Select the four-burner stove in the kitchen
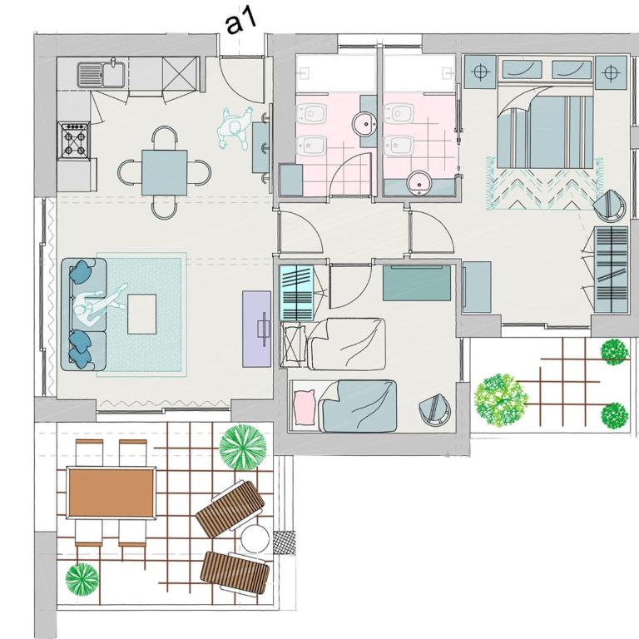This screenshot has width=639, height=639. pyautogui.click(x=74, y=140)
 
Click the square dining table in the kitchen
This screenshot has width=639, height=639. pyautogui.click(x=165, y=172)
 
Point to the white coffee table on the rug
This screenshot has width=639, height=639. pyautogui.click(x=141, y=315)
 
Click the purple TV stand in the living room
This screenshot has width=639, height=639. pyautogui.click(x=257, y=329)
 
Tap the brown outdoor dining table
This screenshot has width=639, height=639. pyautogui.click(x=111, y=493)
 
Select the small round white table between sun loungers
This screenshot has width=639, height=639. pyautogui.click(x=255, y=538)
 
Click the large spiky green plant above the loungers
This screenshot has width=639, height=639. pyautogui.click(x=243, y=447)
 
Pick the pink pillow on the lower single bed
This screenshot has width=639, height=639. pyautogui.click(x=305, y=407)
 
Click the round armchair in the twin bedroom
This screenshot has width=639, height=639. pyautogui.click(x=435, y=409)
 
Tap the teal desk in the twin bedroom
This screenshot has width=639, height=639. pyautogui.click(x=417, y=283)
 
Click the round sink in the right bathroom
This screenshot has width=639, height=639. pyautogui.click(x=419, y=181)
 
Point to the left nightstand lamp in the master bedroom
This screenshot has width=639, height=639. pyautogui.click(x=481, y=72)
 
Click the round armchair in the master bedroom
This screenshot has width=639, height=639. pyautogui.click(x=610, y=206)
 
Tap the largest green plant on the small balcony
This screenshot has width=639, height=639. pyautogui.click(x=501, y=400)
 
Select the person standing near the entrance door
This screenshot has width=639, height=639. pyautogui.click(x=234, y=129)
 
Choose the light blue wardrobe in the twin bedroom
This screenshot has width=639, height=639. pyautogui.click(x=297, y=292)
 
